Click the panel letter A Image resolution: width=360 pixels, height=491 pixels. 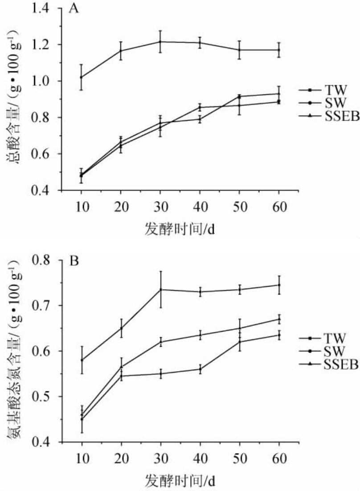(x=74, y=9)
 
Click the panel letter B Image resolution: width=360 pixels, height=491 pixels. (x=74, y=260)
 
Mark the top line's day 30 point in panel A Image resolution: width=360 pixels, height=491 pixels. (x=160, y=42)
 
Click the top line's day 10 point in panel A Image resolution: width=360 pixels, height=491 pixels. (x=81, y=77)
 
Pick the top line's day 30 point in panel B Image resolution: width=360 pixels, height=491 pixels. (x=160, y=289)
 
